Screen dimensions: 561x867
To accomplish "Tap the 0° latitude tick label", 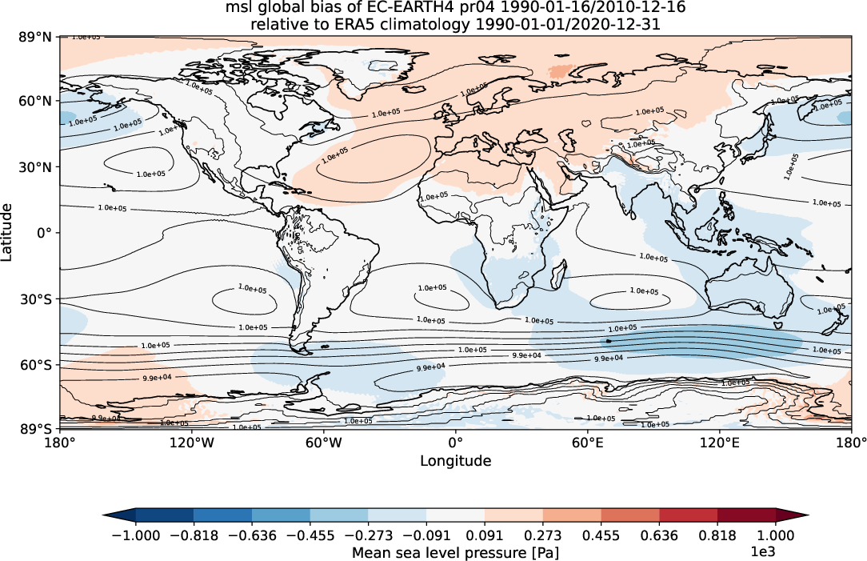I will (46, 233).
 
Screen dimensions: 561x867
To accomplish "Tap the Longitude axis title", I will (455, 461).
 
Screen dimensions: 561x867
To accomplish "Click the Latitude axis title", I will (8, 232).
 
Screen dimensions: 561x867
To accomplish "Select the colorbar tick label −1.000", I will (134, 535).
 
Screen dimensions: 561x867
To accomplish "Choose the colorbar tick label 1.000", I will (776, 535).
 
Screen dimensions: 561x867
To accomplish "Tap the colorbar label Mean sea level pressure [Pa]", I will (455, 552).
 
